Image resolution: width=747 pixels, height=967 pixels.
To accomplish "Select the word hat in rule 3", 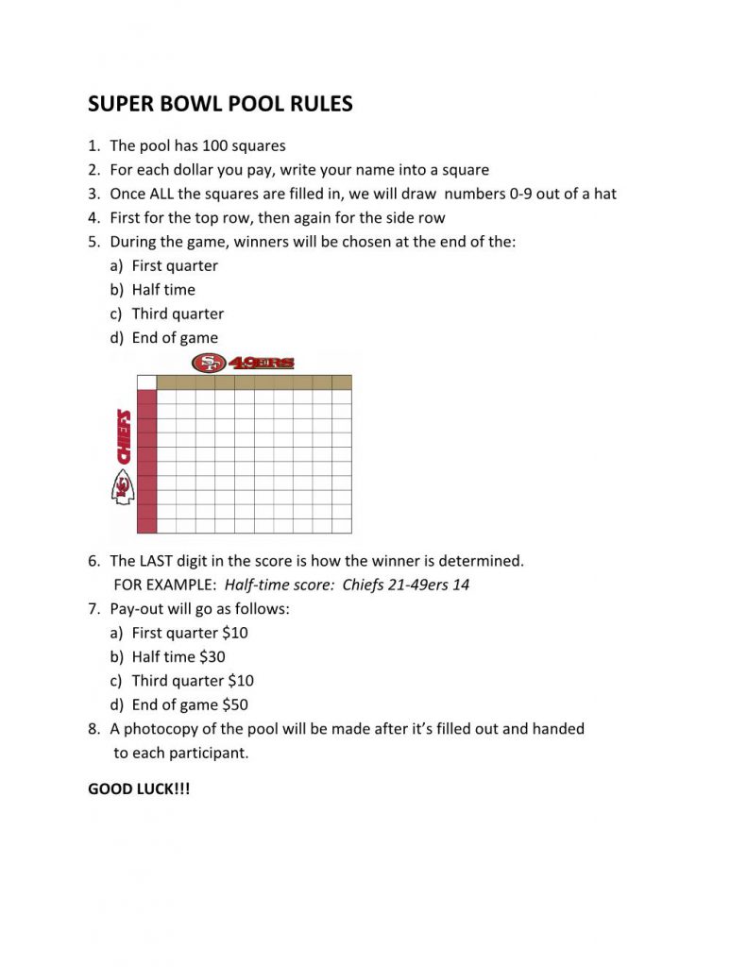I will coord(604,194).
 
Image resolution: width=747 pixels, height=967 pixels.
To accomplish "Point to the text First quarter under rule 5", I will coord(175,266).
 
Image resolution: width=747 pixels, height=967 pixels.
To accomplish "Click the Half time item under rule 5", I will coord(163,290).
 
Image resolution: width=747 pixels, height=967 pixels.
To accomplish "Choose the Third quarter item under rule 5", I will coord(178,314).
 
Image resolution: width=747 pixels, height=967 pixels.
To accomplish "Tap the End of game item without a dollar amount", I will coord(175,338).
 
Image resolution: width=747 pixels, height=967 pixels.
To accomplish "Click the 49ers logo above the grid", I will coord(243,363).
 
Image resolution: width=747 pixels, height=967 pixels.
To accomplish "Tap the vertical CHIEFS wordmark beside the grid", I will coord(122,435).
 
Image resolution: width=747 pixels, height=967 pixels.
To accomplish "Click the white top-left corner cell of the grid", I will coord(146,382).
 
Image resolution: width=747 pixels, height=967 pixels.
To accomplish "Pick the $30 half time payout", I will coord(212,657).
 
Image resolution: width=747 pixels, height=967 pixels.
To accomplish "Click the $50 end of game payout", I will coord(235,704).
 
